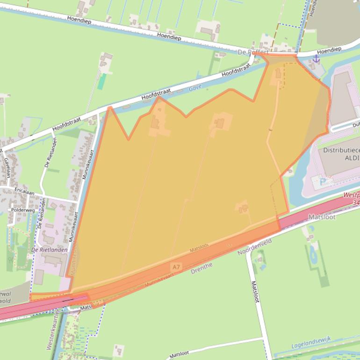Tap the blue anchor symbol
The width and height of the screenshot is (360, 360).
316,58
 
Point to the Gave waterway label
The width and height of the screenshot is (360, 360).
194,88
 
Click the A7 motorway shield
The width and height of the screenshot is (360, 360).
176,266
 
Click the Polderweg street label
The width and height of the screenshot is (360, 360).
22,210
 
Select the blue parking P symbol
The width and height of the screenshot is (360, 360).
322,181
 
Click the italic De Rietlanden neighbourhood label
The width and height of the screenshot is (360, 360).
49,250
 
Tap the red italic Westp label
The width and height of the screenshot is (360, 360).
351,195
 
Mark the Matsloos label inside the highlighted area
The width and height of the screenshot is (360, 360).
200,248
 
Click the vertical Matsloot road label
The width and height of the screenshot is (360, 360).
255,292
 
